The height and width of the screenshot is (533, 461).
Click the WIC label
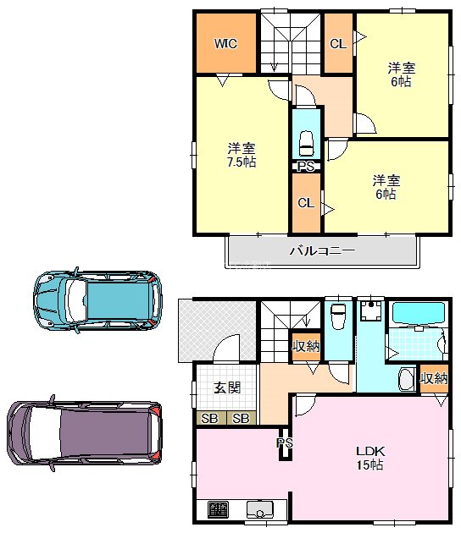pyautogui.click(x=225, y=43)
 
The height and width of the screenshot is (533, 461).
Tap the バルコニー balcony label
pyautogui.click(x=321, y=250)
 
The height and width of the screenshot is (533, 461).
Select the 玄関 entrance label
pyautogui.click(x=226, y=388)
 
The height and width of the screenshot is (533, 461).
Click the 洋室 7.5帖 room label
pyautogui.click(x=241, y=154)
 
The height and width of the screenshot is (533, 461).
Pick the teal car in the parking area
pyautogui.click(x=97, y=299)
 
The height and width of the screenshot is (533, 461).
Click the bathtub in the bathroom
pyautogui.click(x=418, y=313)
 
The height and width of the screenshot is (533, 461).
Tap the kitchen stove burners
pyautogui.click(x=218, y=510)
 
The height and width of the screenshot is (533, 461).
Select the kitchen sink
pyautogui.click(x=258, y=510)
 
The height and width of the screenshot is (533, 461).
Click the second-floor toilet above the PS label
pyautogui.click(x=306, y=140)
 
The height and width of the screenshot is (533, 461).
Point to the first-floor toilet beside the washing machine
pyautogui.click(x=339, y=317)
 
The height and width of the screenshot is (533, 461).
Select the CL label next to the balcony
pyautogui.click(x=306, y=203)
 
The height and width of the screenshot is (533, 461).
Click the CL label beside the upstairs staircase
pyautogui.click(x=337, y=43)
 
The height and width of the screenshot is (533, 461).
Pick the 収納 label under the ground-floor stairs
pyautogui.click(x=306, y=346)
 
